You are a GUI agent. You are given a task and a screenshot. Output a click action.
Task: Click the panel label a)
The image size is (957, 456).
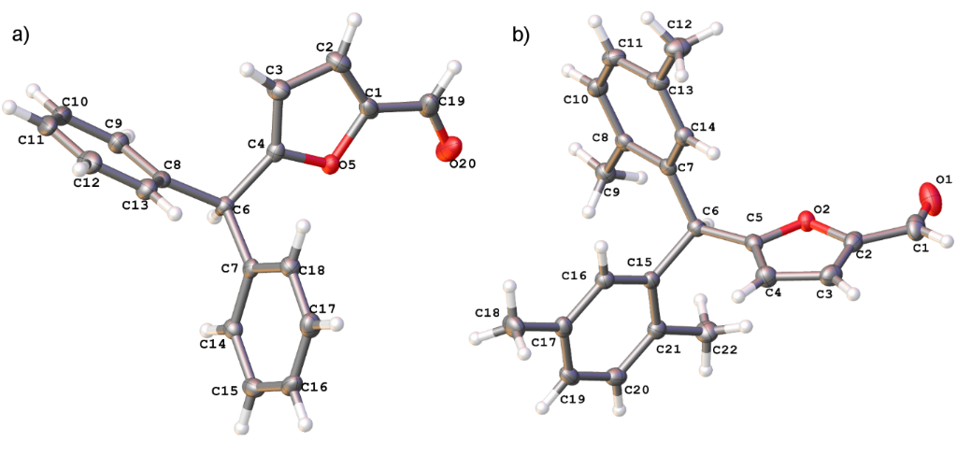tap(21, 36)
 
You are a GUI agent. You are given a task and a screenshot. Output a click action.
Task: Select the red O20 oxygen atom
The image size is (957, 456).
tap(450, 149)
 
